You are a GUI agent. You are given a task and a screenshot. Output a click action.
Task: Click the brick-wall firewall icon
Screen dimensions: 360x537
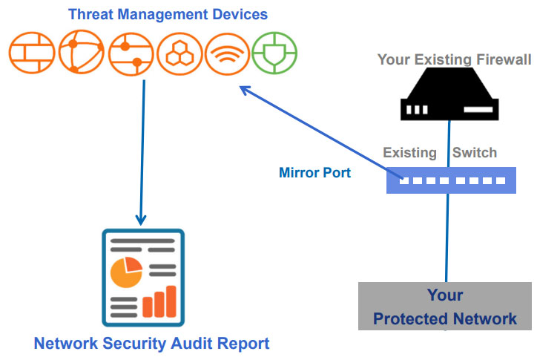click(x=33, y=51)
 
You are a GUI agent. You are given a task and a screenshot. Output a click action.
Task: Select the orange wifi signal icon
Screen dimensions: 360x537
click(x=226, y=51)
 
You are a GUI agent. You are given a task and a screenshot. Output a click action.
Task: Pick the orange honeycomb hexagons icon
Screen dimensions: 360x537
click(x=179, y=51)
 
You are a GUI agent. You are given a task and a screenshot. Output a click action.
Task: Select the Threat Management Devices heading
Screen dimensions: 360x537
click(x=168, y=13)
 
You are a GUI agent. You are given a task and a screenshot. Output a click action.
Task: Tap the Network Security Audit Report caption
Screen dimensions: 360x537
click(x=151, y=343)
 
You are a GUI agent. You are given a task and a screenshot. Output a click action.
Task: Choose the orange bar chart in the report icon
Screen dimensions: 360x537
click(x=160, y=301)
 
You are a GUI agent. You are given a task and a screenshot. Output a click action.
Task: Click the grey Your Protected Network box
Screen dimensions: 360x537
click(x=446, y=306)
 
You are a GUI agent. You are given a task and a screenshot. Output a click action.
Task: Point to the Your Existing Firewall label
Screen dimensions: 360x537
click(x=454, y=59)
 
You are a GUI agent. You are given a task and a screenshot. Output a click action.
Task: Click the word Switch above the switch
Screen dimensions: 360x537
click(x=475, y=153)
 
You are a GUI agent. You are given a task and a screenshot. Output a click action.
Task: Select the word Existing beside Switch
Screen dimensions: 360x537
click(x=409, y=153)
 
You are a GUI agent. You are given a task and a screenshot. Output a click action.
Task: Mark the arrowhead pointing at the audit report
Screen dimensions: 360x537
click(x=141, y=220)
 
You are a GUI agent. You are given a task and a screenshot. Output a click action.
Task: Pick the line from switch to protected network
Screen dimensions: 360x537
click(x=447, y=238)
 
